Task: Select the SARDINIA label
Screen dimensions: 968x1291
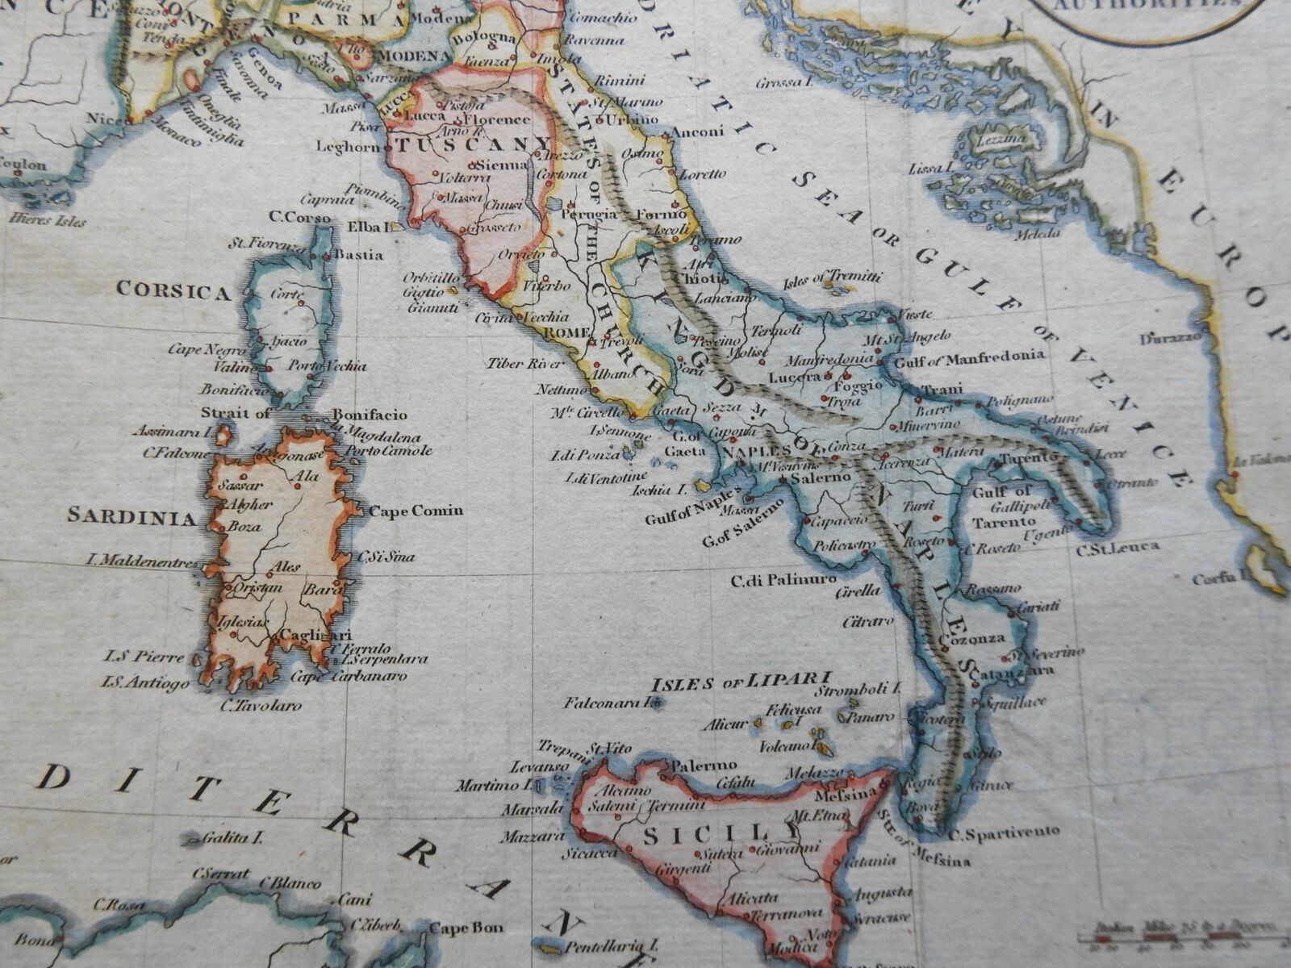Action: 132,516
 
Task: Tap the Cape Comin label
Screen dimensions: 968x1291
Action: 416,510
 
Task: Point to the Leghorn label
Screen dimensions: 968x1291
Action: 347,147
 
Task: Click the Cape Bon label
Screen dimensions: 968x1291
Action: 466,928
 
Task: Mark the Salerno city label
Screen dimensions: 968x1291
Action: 821,478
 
